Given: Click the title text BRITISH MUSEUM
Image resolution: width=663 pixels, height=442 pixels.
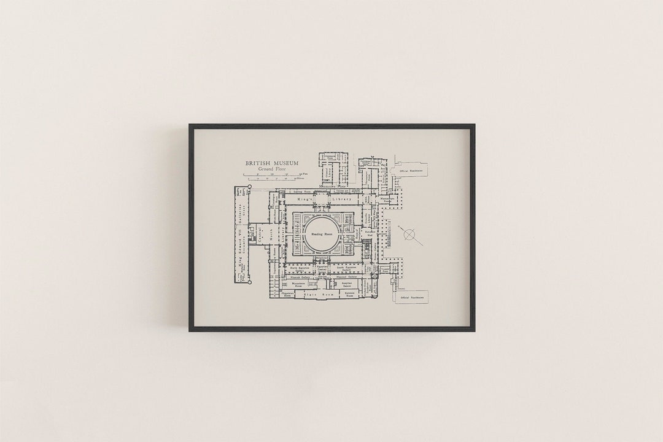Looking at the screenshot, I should pos(271,163).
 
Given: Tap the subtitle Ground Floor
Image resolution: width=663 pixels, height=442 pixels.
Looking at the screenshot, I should pos(271,169).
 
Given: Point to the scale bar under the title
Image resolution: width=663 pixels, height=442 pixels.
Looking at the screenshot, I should pos(274,177).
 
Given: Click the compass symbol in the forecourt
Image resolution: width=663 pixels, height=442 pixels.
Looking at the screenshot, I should pos(409,235).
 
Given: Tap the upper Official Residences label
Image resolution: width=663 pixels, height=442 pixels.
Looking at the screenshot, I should pos(413,170).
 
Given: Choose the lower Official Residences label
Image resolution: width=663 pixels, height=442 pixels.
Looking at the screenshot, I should pos(413,297).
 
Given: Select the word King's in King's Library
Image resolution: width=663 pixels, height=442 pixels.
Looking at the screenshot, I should pos(305,200).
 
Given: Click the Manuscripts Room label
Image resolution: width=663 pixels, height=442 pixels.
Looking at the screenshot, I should pos(387,200).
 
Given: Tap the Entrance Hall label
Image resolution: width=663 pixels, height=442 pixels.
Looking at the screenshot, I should pos(371,235).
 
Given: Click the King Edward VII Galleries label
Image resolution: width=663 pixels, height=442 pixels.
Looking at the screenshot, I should pos(238,237).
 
